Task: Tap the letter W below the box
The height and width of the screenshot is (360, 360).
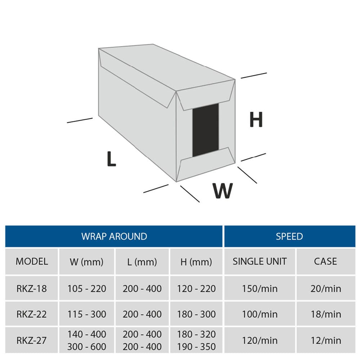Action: coord(222,191)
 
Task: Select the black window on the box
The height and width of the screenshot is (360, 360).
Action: coord(206,130)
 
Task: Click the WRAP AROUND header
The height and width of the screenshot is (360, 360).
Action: coord(114,237)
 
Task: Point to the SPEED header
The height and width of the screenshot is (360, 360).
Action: coord(289,237)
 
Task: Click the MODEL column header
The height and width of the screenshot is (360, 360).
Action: coord(32,261)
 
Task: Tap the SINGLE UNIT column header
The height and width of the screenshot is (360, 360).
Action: coord(260,261)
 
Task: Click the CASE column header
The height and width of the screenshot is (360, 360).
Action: coord(325,261)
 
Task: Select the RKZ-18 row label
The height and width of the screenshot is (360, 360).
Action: coord(32,288)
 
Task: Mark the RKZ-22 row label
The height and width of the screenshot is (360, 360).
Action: coord(32,314)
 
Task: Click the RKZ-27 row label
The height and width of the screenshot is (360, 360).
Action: coord(32,341)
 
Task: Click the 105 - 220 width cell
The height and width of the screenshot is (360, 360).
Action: coord(87,288)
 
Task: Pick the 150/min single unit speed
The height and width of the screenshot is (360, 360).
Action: coord(260,288)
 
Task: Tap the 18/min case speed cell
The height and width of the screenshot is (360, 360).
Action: coord(326,314)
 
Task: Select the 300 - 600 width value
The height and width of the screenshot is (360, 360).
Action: coord(87,347)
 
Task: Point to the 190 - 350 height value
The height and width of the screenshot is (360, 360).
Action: coord(196,347)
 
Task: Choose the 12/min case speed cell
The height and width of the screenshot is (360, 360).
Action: coord(326,341)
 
